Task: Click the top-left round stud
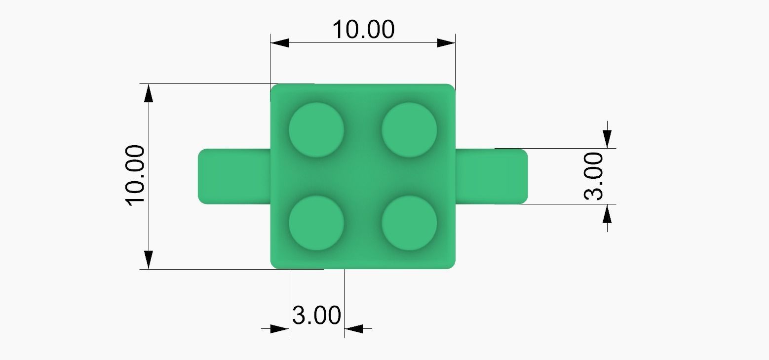tap(316, 130)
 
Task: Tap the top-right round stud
tap(409, 130)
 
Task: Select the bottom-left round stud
tap(316, 223)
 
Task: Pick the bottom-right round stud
tap(409, 223)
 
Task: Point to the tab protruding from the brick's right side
tap(491, 176)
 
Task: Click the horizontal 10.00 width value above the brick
tap(363, 30)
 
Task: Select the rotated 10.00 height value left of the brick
tap(135, 176)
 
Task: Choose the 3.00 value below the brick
tap(316, 315)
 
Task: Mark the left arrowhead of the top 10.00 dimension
tap(279, 43)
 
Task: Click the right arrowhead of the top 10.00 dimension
tap(446, 43)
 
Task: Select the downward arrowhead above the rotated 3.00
tap(607, 139)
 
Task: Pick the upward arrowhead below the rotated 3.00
tap(607, 213)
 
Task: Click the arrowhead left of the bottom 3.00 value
tap(280, 328)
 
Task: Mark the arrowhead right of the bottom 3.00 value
tap(353, 328)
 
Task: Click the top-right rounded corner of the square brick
tap(450, 88)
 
